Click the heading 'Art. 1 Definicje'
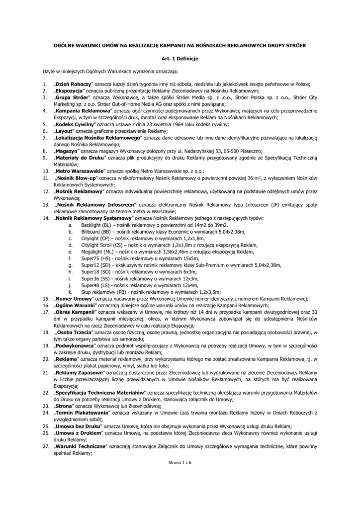pyautogui.click(x=180, y=59)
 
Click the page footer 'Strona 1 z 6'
pyautogui.click(x=180, y=462)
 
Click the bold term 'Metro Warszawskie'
pyautogui.click(x=77, y=170)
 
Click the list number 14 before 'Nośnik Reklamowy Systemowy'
pyautogui.click(x=46, y=218)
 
